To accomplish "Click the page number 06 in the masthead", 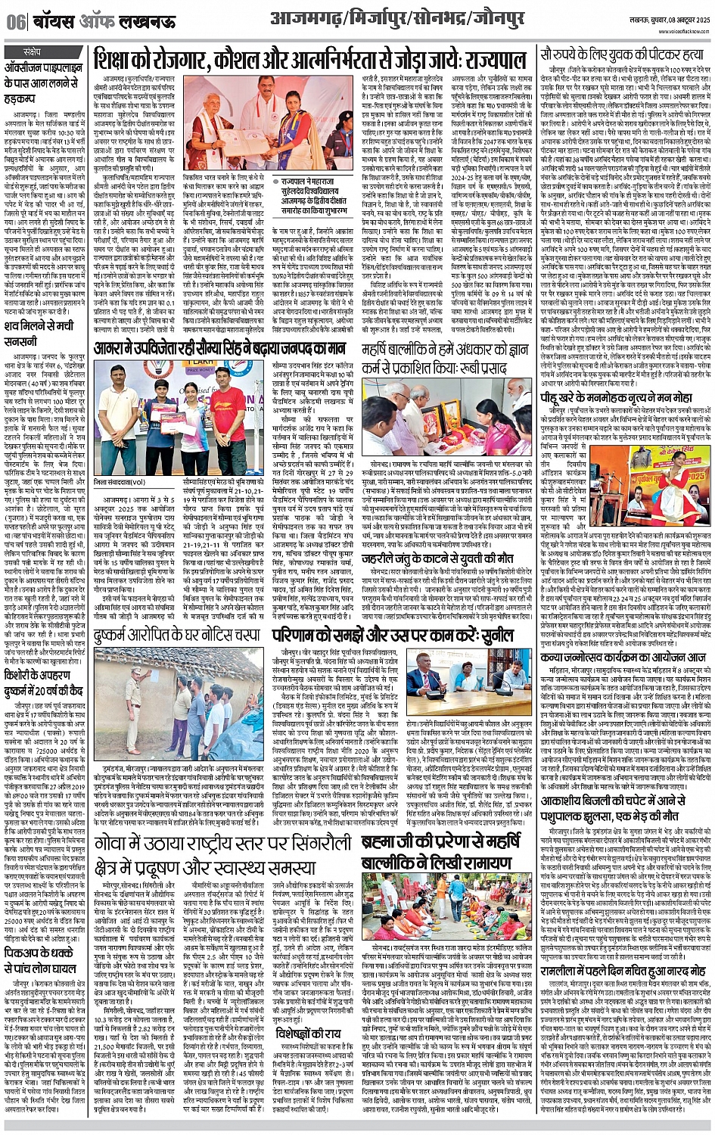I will (x=15, y=20).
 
